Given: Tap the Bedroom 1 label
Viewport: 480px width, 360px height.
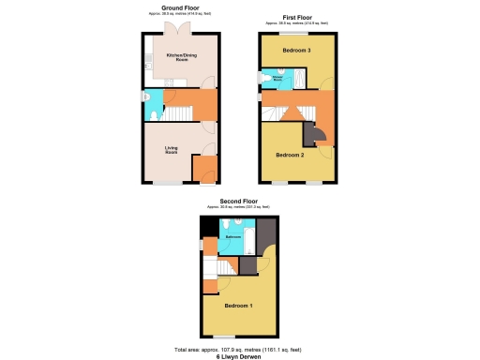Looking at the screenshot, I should tap(237, 306).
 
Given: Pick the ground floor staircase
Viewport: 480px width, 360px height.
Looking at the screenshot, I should tap(178, 112).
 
